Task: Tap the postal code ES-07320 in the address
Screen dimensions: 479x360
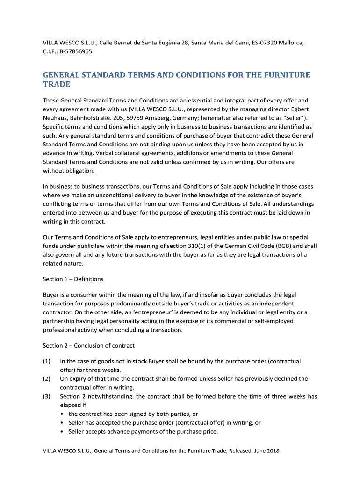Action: coord(262,43)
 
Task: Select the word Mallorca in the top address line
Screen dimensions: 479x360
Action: coord(291,43)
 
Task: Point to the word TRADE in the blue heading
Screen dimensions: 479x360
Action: coord(57,85)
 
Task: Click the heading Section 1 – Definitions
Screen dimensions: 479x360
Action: coord(73,279)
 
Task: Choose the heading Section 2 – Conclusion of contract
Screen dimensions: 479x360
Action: coord(89,346)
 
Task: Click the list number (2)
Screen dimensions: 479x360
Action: coord(47,379)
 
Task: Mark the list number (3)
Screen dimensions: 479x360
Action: coord(47,397)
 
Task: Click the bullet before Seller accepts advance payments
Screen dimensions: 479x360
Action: coord(63,432)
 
